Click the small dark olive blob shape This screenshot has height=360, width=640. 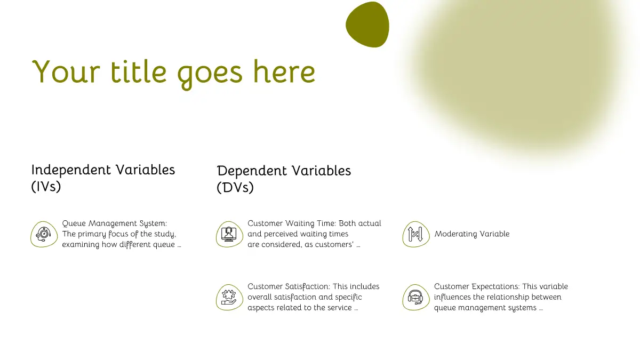pyautogui.click(x=367, y=25)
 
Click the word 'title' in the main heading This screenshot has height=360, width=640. pyautogui.click(x=138, y=71)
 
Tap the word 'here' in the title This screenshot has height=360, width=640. pyautogui.click(x=284, y=71)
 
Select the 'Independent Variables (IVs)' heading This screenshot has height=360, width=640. pyautogui.click(x=103, y=178)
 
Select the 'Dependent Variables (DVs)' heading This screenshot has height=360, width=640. pyautogui.click(x=284, y=179)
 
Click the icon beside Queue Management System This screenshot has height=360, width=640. pyautogui.click(x=44, y=234)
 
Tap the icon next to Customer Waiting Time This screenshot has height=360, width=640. pyautogui.click(x=229, y=234)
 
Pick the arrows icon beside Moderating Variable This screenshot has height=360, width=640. pyautogui.click(x=416, y=234)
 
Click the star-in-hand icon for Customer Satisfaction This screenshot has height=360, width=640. pyautogui.click(x=229, y=298)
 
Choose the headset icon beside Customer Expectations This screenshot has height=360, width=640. pyautogui.click(x=416, y=298)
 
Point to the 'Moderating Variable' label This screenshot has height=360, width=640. pyautogui.click(x=472, y=234)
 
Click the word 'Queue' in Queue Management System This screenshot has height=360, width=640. pyautogui.click(x=74, y=223)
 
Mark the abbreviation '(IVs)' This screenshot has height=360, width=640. pyautogui.click(x=46, y=187)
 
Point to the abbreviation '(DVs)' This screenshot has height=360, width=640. pyautogui.click(x=235, y=188)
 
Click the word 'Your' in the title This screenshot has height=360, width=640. pyautogui.click(x=66, y=71)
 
